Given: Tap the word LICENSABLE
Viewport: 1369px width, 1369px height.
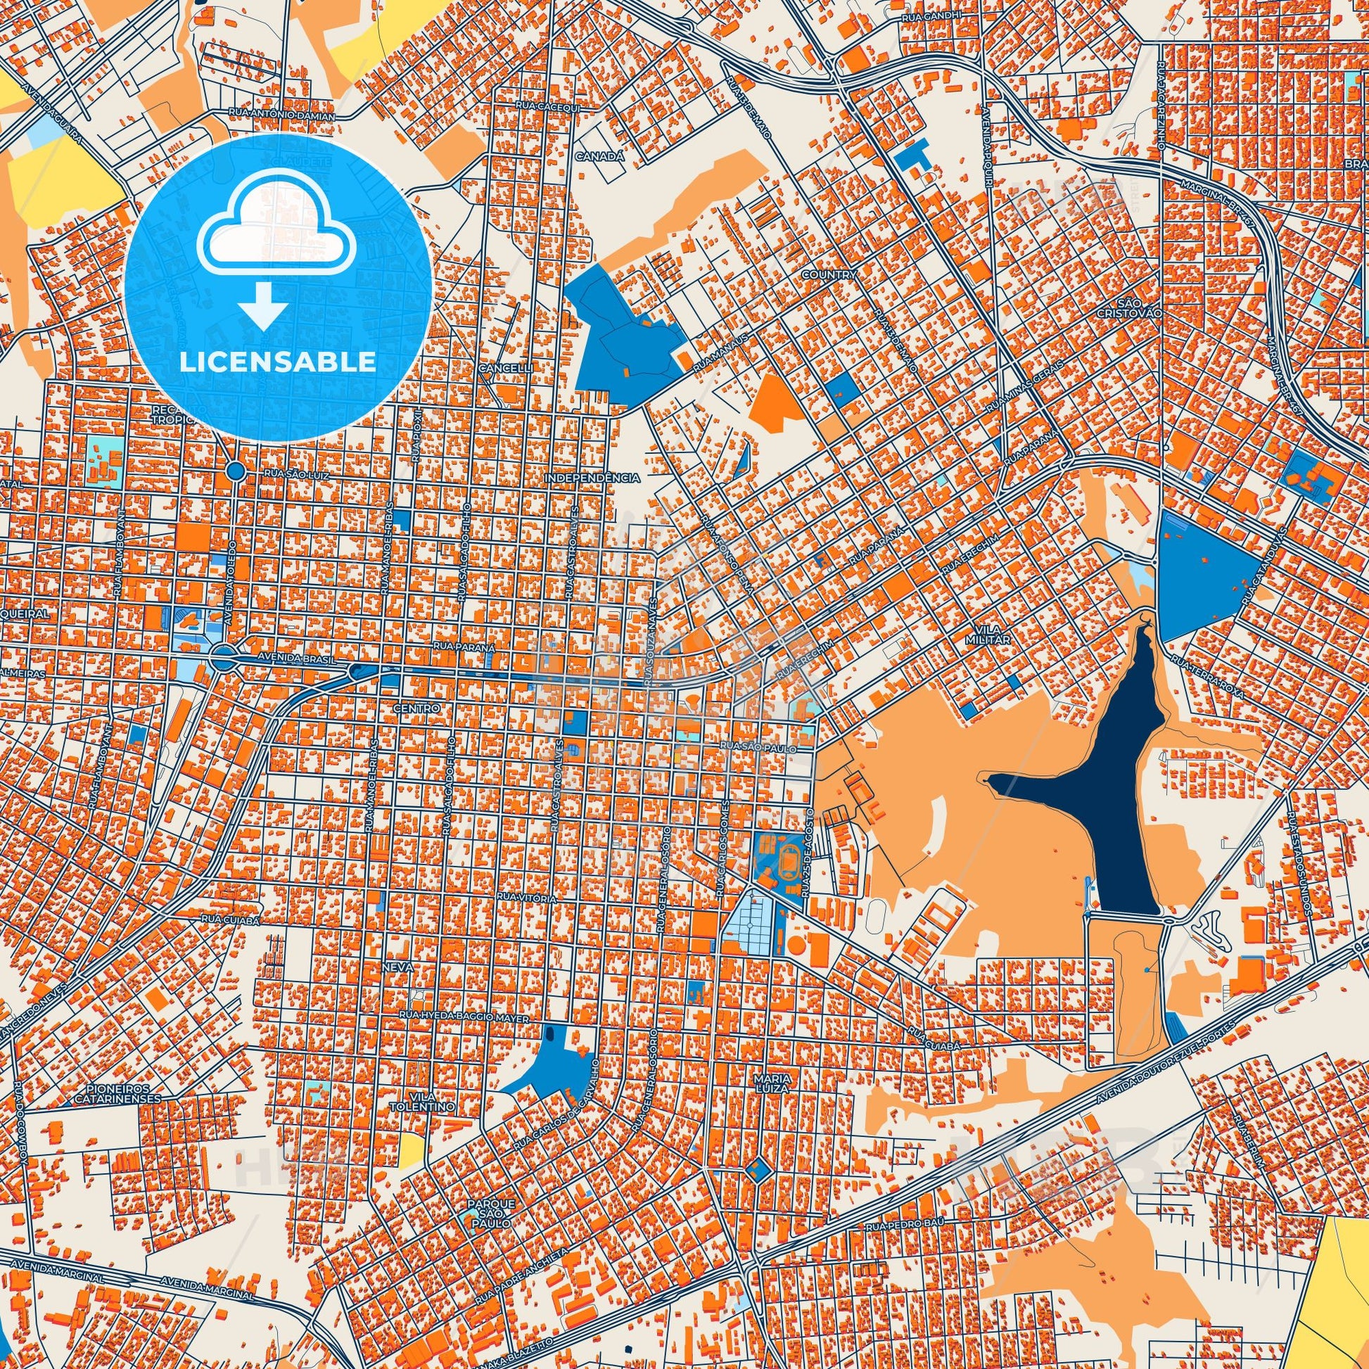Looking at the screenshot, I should (x=277, y=362).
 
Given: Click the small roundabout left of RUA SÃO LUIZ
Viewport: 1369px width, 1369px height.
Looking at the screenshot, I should (x=235, y=471).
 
